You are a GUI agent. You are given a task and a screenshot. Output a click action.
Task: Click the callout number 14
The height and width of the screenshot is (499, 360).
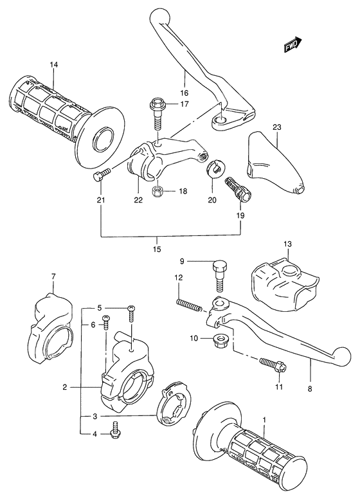click(53, 65)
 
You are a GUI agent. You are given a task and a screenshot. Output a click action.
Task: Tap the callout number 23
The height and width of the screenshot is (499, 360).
click(277, 127)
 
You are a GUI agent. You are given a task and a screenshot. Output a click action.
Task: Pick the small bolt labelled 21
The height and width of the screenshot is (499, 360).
click(102, 173)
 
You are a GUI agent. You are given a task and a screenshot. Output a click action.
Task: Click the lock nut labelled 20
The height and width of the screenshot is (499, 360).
click(215, 170)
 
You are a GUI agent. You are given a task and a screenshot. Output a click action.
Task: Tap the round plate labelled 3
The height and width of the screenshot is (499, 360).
click(174, 406)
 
